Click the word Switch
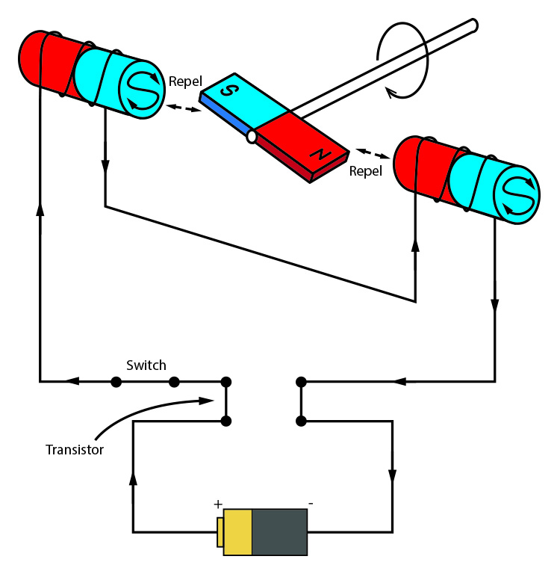[x=146, y=365]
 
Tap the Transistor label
[x=75, y=449]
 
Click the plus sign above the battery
[x=218, y=504]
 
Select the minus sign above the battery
[x=311, y=504]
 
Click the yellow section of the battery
[x=237, y=531]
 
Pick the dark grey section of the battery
[x=279, y=531]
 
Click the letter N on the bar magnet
[x=320, y=154]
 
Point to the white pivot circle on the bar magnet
[x=252, y=137]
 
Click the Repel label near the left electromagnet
[x=185, y=81]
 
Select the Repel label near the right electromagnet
[x=365, y=171]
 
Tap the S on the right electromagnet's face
[x=518, y=196]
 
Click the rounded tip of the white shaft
[x=473, y=25]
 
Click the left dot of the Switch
[x=116, y=382]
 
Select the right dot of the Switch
[x=174, y=382]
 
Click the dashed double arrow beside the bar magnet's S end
[x=184, y=108]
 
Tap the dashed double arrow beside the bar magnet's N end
[x=373, y=154]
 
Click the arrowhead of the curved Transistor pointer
[x=207, y=401]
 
